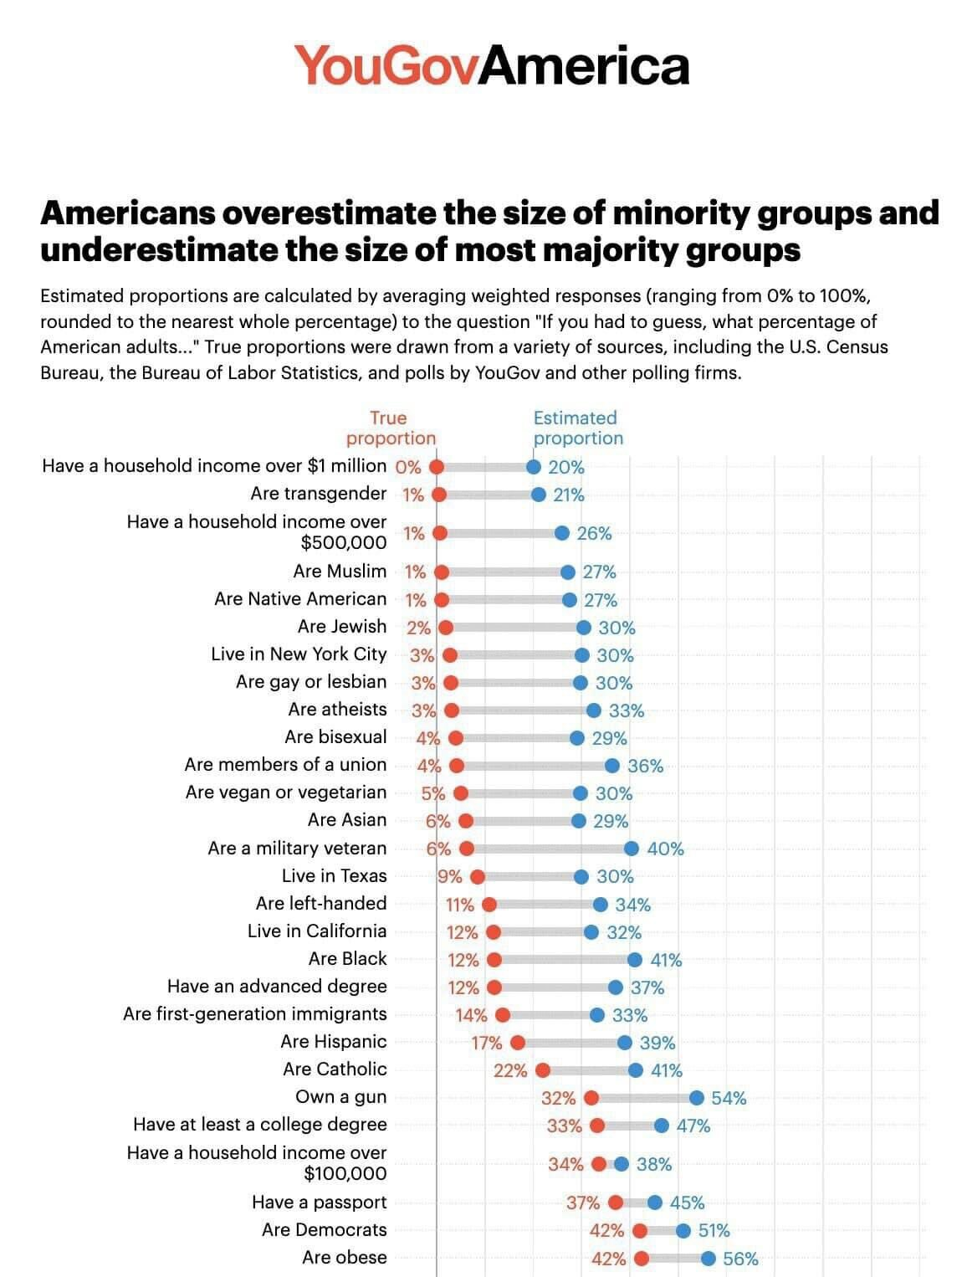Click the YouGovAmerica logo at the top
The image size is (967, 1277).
coord(492,65)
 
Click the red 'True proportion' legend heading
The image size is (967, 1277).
coord(391,428)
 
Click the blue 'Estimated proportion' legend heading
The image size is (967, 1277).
coord(577,428)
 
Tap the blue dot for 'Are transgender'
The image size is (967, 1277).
coord(540,495)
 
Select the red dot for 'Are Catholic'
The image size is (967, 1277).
coord(543,1069)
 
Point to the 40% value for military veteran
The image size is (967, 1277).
coord(665,849)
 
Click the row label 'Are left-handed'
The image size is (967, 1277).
coord(321,904)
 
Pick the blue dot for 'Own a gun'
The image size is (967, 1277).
coord(697,1097)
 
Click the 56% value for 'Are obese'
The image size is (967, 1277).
coord(740,1259)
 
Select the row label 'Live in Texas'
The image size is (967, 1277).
coord(334,876)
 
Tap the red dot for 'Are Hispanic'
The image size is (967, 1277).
coord(518,1042)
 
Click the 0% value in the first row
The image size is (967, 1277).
coord(407,467)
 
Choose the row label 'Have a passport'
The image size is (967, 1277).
coord(319,1203)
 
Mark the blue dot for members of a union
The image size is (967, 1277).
coord(612,765)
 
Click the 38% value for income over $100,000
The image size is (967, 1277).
coord(654,1164)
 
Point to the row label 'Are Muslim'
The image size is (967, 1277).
coord(340,572)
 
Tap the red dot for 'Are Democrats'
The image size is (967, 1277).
coord(640,1230)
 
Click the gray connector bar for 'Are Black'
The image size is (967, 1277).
coord(564,959)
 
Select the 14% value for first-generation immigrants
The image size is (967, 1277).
coord(471,1015)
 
